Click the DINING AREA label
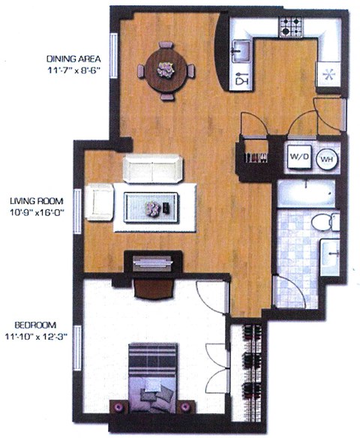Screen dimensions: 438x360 [x=73, y=59]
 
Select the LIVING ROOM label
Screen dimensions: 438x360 [x=36, y=202]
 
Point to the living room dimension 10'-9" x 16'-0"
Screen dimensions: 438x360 [x=36, y=212]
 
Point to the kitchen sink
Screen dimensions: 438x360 [x=241, y=51]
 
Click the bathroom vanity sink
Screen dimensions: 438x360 [x=330, y=252]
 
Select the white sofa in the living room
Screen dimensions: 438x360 [x=152, y=169]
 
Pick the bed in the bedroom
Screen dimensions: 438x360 [x=153, y=378]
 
